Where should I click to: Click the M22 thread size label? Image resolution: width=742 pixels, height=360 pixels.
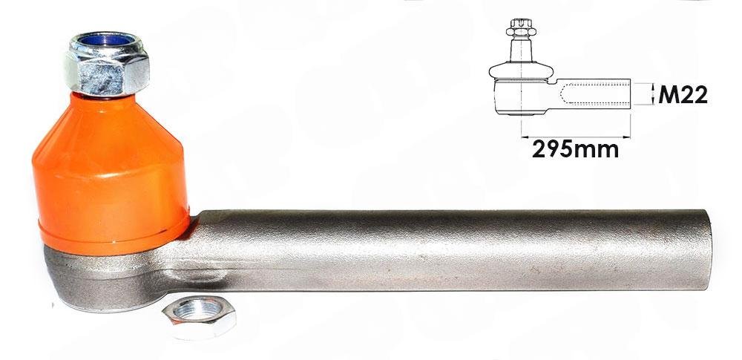coord(683,96)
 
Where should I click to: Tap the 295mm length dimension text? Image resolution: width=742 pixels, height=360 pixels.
coord(576,150)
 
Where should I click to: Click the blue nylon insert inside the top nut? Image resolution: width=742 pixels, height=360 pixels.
coord(107,40)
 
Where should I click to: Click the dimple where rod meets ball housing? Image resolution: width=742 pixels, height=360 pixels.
coord(197,275)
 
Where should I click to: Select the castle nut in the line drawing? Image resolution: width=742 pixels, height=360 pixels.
coord(521,28)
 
